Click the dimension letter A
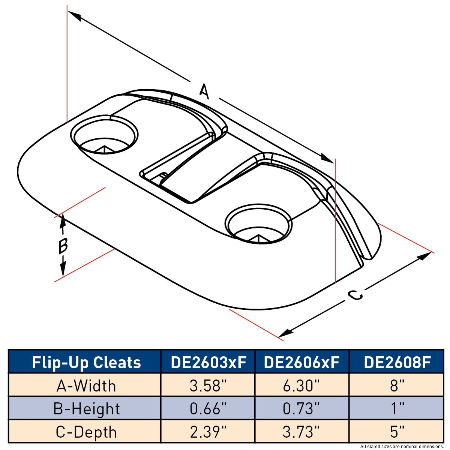(204, 91)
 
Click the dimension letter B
(63, 246)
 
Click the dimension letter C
(354, 295)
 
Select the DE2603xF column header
(208, 362)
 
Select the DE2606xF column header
(302, 362)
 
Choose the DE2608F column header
(397, 362)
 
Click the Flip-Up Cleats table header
(86, 363)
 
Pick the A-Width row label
(86, 385)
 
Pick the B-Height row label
(86, 409)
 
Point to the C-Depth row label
(86, 432)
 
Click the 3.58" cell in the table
(208, 385)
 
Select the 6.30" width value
(302, 385)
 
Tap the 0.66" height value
(208, 409)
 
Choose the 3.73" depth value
(302, 432)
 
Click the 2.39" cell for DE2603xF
(208, 432)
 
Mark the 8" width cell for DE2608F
(397, 385)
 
